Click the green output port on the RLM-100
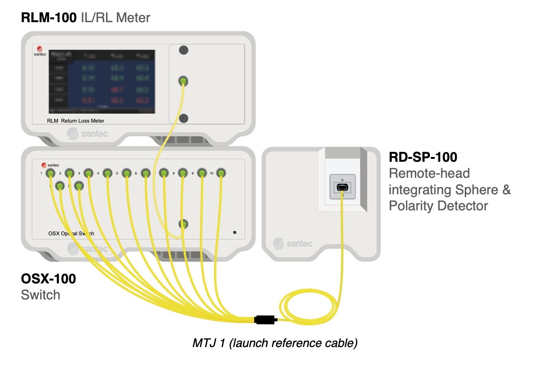click(184, 82)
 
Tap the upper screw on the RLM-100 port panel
click(184, 50)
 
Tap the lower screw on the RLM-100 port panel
click(184, 118)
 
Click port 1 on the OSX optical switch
click(49, 173)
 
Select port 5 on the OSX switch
click(126, 173)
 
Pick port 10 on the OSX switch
click(221, 173)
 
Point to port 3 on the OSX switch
click(88, 173)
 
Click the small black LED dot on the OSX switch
click(235, 232)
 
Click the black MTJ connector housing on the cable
click(265, 320)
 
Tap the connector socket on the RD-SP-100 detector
click(341, 188)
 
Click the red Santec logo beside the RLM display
click(40, 49)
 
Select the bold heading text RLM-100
click(49, 18)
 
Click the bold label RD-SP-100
click(423, 157)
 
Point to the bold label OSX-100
click(49, 279)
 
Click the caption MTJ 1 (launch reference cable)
click(275, 343)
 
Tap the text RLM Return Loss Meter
click(75, 121)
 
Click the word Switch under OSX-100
click(41, 295)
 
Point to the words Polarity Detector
click(438, 206)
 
